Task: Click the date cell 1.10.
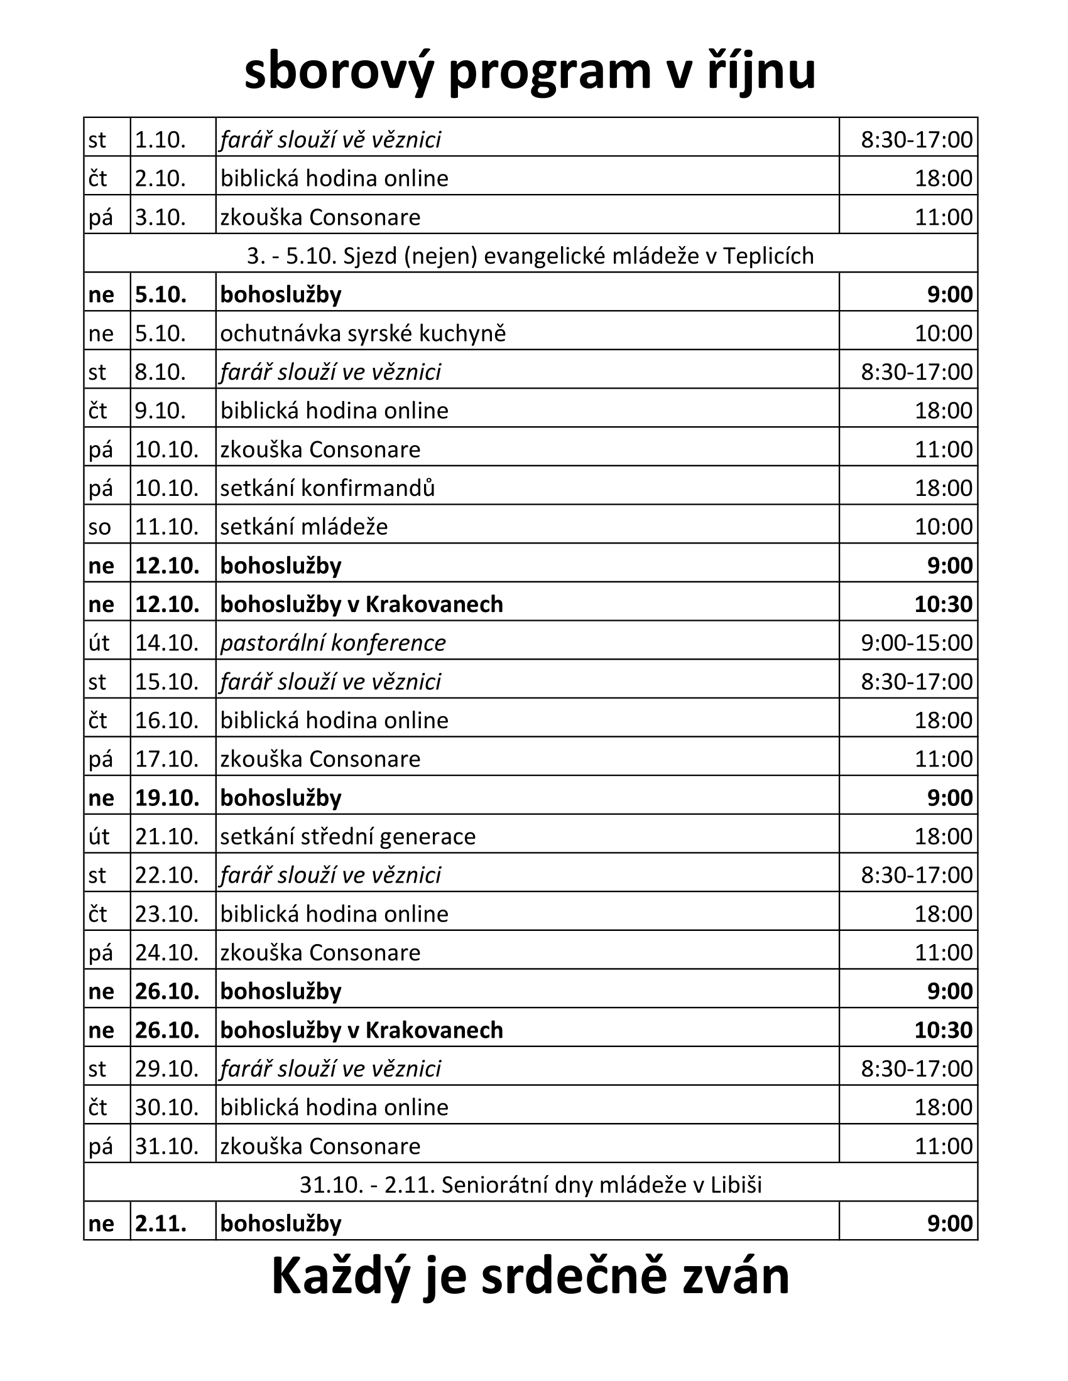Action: [160, 140]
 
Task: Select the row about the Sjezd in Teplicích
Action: [530, 256]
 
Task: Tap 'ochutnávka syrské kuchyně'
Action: [362, 333]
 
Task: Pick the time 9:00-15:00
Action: [916, 643]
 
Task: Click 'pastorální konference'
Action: [333, 643]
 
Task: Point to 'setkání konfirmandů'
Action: [327, 488]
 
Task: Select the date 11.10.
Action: [167, 527]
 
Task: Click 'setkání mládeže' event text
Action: [303, 527]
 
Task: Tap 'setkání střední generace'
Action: [347, 837]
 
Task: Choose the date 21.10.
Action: [167, 837]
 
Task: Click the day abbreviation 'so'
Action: [100, 527]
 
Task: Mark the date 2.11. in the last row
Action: [161, 1223]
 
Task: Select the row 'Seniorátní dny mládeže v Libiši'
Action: [530, 1185]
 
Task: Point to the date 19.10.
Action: [167, 798]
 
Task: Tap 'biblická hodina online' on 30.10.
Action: [334, 1107]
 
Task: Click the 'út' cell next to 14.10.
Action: [100, 643]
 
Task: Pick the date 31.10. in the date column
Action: [167, 1146]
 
